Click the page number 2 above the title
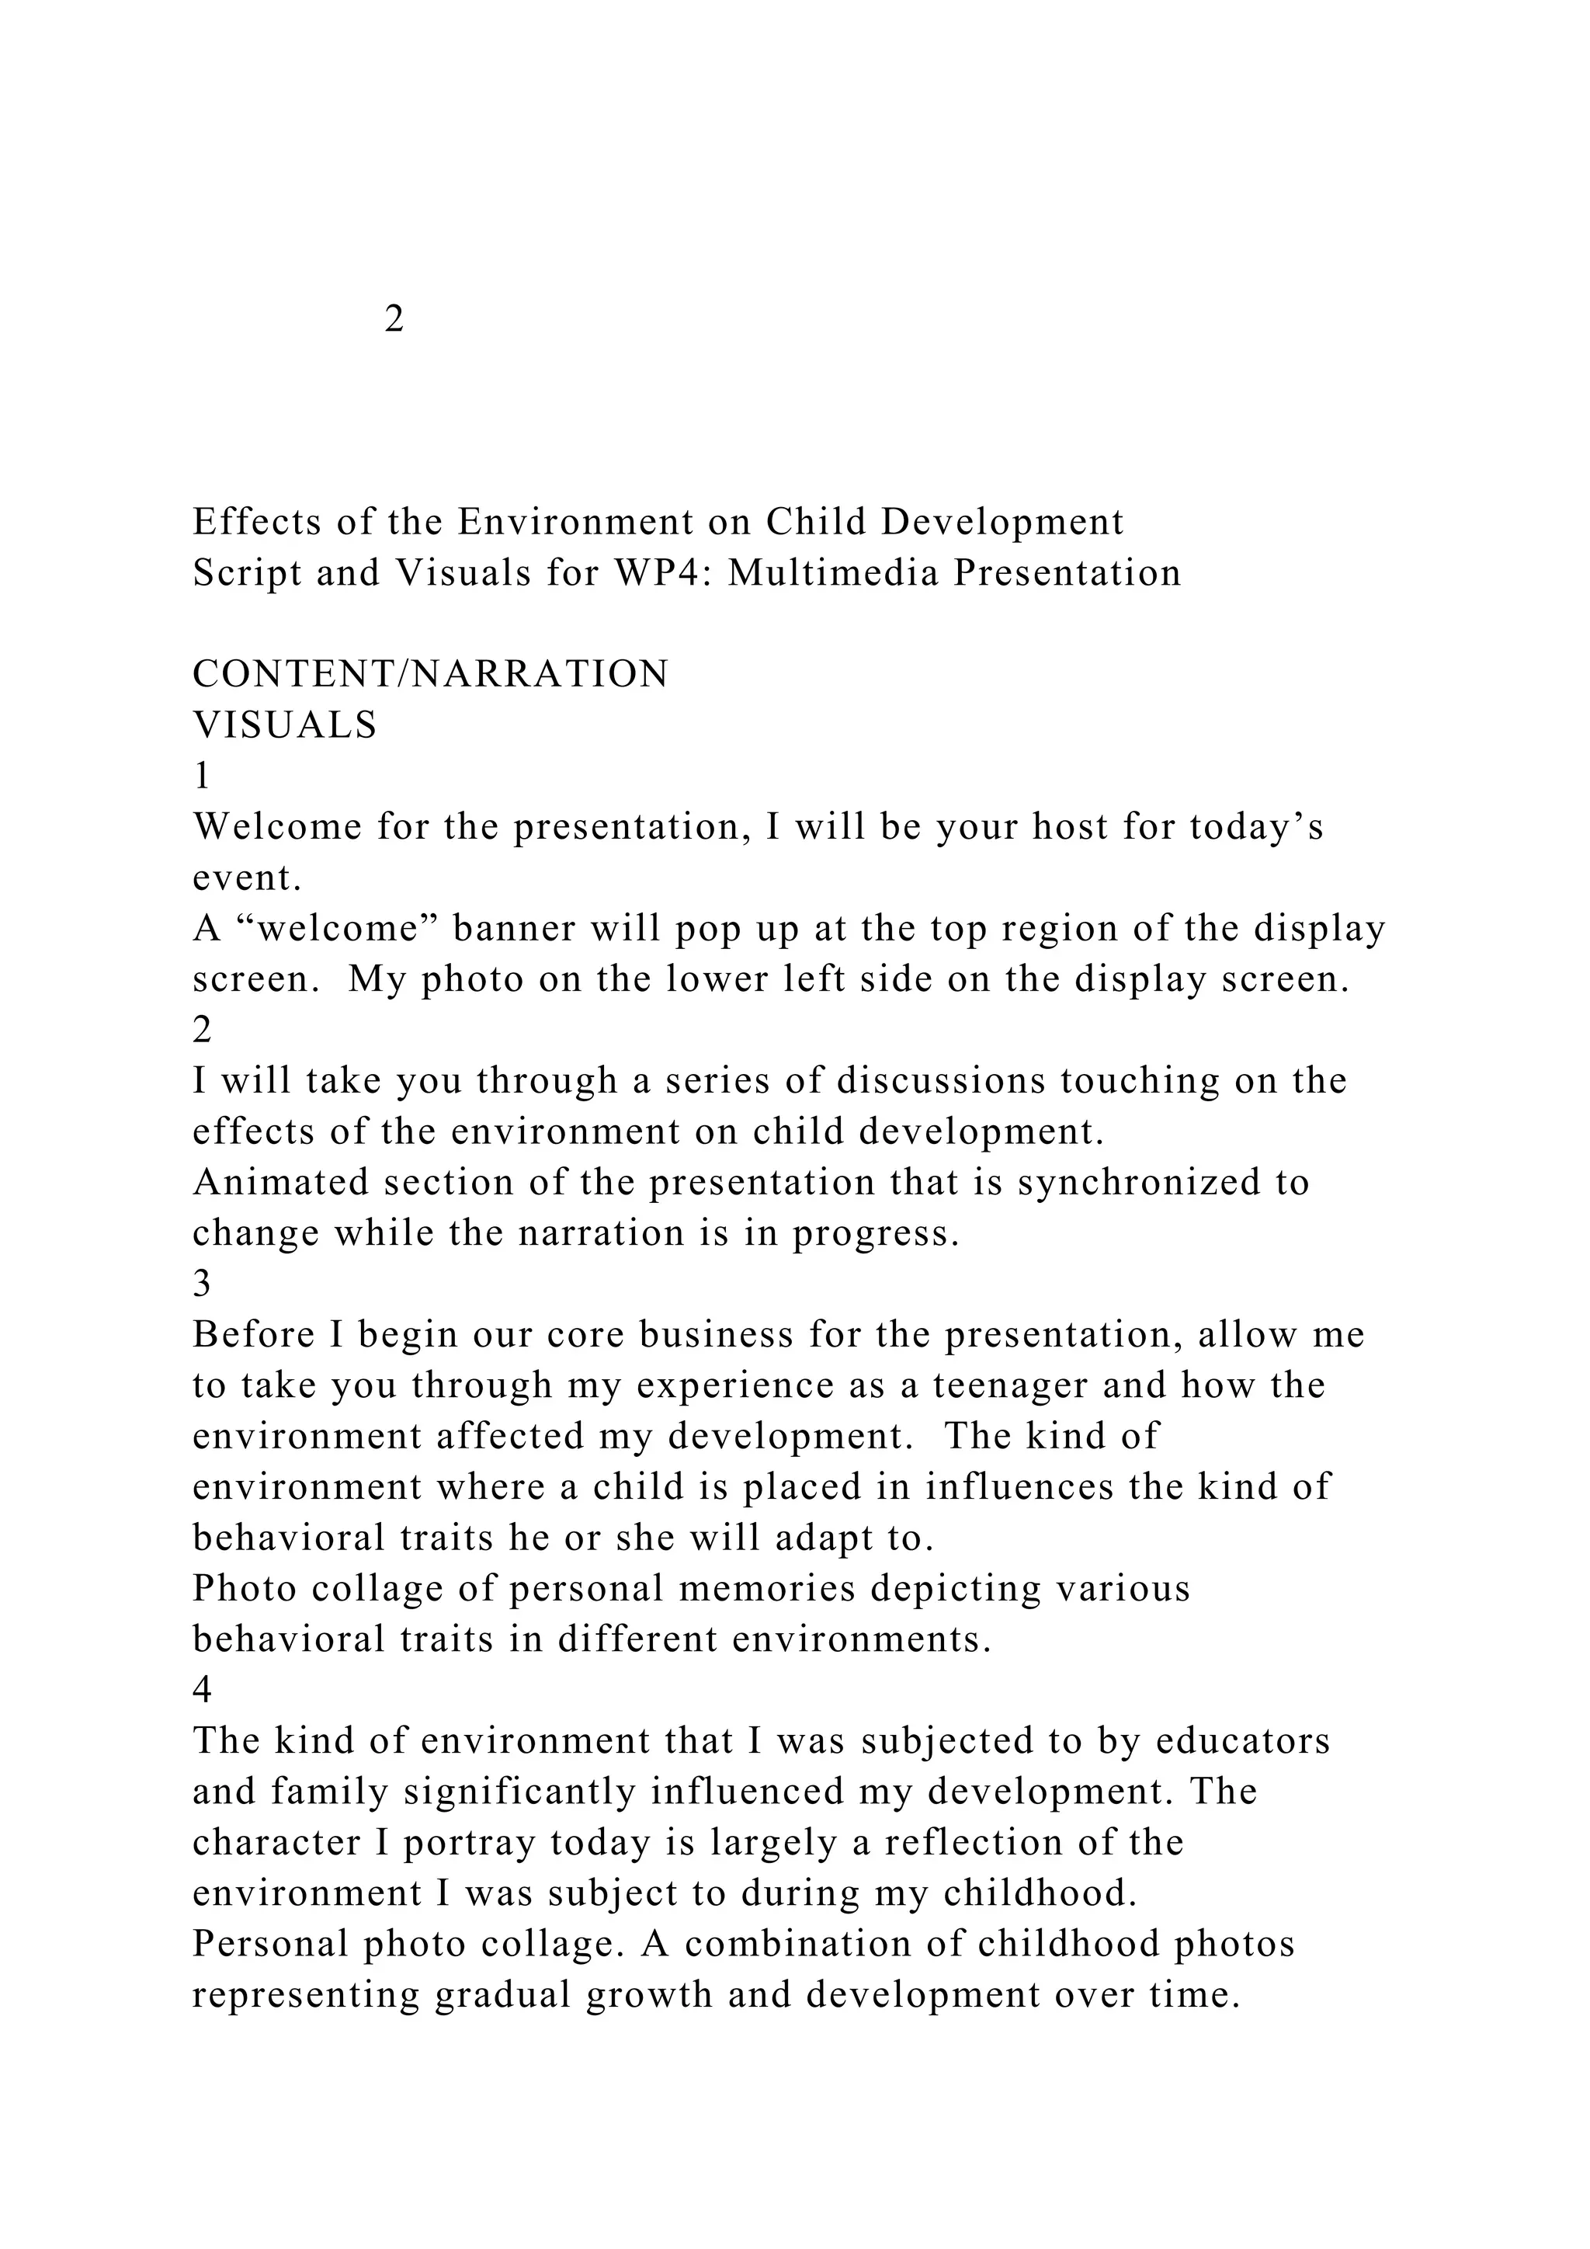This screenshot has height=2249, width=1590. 394,318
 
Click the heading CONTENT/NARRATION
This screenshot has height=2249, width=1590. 431,674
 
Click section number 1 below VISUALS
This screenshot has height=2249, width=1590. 202,776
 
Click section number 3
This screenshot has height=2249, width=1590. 202,1283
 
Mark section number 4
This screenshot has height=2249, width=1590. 202,1690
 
